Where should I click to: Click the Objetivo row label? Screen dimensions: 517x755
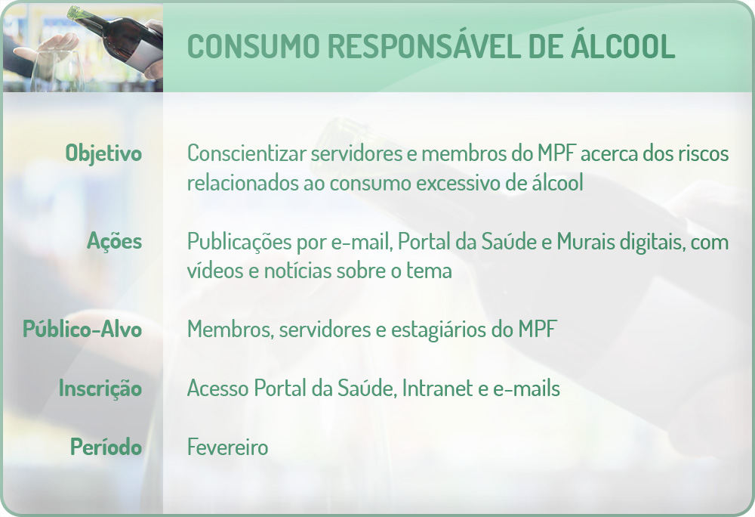point(104,153)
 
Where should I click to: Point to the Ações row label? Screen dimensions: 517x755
point(115,242)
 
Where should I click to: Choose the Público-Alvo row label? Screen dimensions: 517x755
point(82,330)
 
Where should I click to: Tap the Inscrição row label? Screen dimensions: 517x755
point(100,389)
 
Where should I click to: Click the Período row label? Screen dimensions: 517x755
point(106,447)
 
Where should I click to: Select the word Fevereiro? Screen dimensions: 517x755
point(228,447)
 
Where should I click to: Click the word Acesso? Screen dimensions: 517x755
point(217,389)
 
